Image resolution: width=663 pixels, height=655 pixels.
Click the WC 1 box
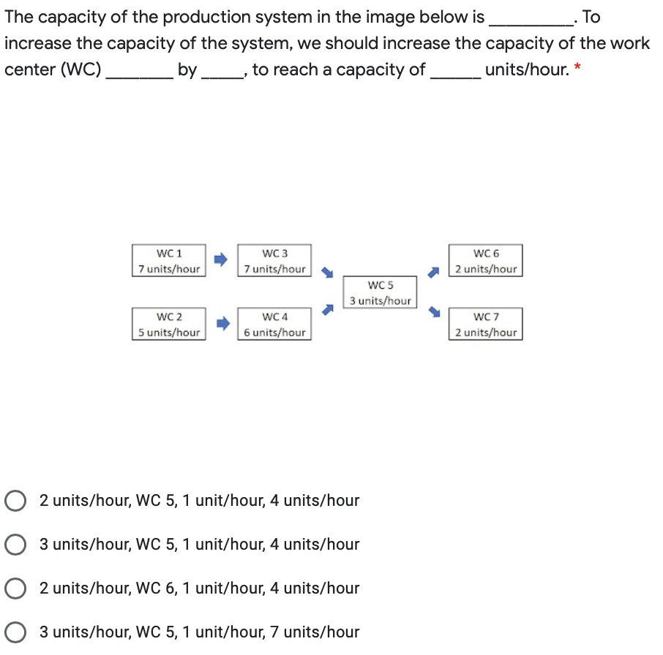[x=169, y=261]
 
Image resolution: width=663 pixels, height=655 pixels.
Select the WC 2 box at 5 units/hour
[x=169, y=325]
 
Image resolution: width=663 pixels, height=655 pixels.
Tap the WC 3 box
[x=274, y=261]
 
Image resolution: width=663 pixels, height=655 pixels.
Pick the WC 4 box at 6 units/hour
[x=274, y=325]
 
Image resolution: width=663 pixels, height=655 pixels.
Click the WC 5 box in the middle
[x=380, y=292]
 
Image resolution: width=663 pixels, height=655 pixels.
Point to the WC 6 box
[x=486, y=261]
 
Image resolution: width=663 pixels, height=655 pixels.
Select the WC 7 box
[x=486, y=325]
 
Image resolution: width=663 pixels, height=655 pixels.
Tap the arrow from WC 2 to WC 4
[x=221, y=322]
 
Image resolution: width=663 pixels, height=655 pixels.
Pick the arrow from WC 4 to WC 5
[x=329, y=311]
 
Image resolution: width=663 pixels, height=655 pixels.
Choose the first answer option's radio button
[x=14, y=501]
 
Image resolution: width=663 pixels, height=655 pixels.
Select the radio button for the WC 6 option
[x=14, y=588]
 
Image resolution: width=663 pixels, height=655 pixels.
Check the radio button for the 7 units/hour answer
[x=14, y=632]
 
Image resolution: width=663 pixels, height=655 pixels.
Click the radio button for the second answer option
[x=14, y=545]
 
